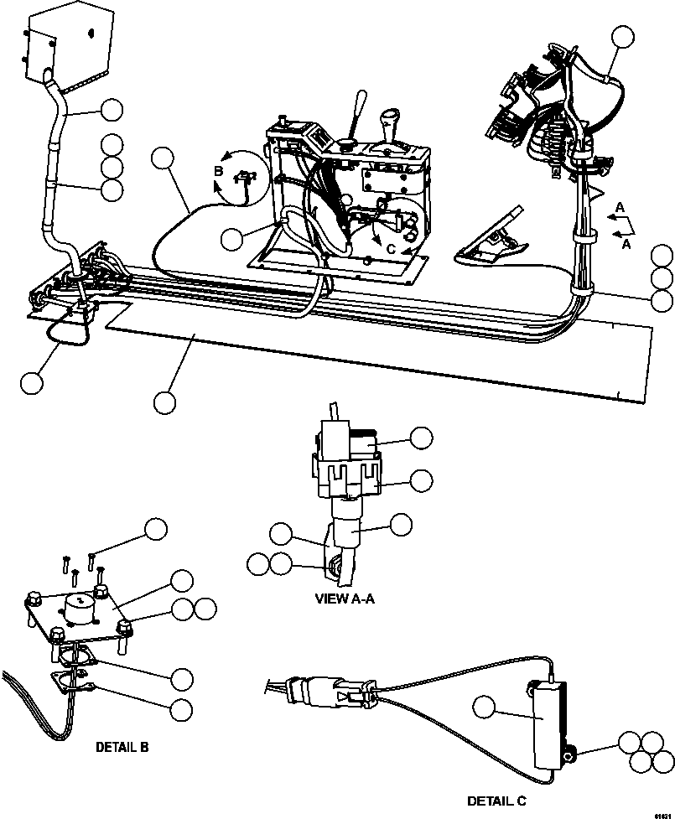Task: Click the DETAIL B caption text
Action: (122, 746)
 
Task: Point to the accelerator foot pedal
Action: (493, 242)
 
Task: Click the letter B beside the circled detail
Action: (218, 172)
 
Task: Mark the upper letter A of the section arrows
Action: (619, 207)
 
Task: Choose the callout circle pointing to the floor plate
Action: (165, 402)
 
